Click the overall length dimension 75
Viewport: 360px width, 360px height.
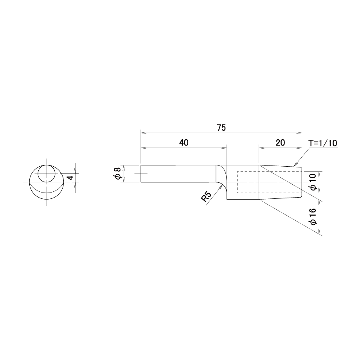[x=221, y=128]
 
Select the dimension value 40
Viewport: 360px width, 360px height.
[x=184, y=143]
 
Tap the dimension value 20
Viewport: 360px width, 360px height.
[x=280, y=143]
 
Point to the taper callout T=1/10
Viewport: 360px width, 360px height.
[x=322, y=143]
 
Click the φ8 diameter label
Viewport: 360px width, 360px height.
[x=117, y=174]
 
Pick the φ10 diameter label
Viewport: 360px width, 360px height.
[x=313, y=182]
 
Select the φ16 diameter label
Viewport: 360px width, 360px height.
[x=313, y=217]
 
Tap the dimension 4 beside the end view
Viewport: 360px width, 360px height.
[x=71, y=178]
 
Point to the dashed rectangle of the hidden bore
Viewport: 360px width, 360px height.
[x=237, y=182]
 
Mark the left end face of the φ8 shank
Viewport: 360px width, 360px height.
[x=141, y=174]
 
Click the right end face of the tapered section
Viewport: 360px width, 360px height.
[x=302, y=182]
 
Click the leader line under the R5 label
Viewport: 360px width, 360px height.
[x=214, y=195]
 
